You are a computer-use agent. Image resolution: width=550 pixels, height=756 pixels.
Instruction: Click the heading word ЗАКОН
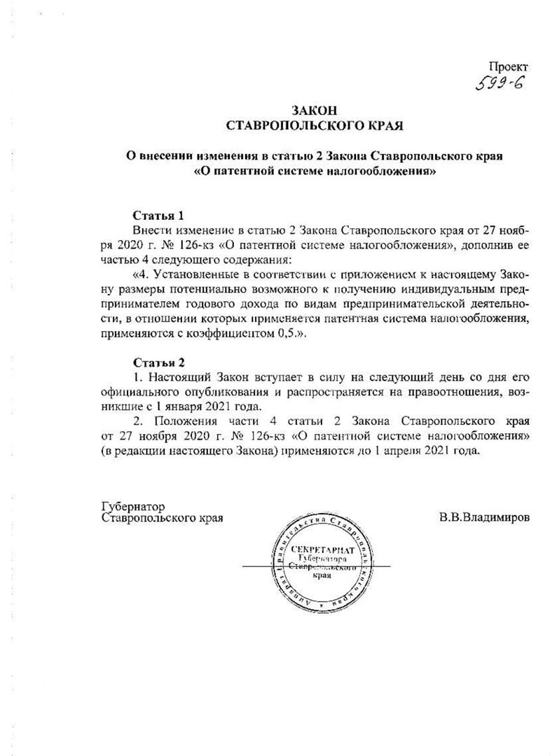pyautogui.click(x=313, y=111)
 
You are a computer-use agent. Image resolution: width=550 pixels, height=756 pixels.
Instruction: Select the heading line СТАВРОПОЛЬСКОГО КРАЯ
pyautogui.click(x=313, y=126)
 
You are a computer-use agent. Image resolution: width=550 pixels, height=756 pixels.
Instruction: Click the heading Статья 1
pyautogui.click(x=159, y=215)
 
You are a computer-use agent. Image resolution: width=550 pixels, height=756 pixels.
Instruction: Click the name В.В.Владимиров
pyautogui.click(x=484, y=518)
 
